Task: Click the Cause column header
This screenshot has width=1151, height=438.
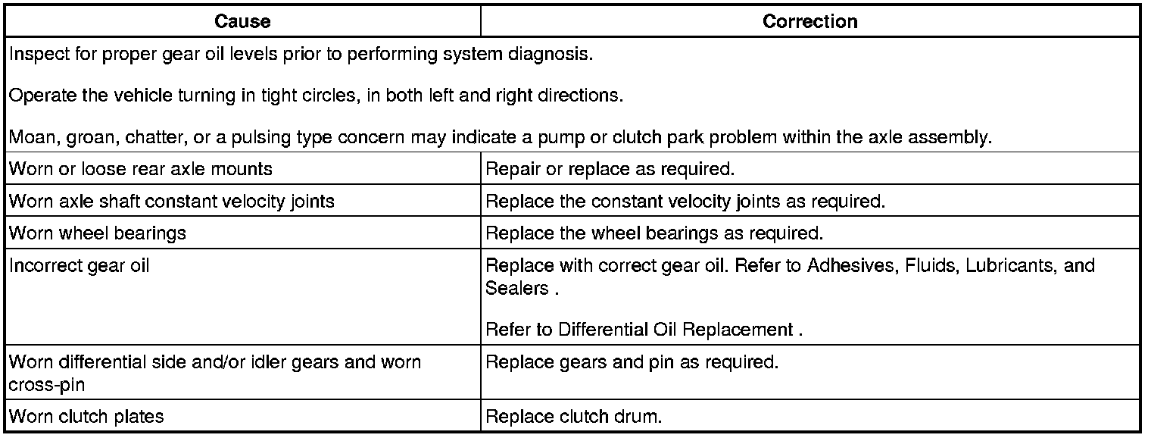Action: (242, 22)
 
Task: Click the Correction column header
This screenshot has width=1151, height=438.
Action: (809, 22)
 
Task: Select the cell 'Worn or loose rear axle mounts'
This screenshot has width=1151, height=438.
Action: (141, 168)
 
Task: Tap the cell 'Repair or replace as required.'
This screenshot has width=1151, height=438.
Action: (610, 168)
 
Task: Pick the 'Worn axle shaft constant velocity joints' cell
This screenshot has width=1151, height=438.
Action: (171, 201)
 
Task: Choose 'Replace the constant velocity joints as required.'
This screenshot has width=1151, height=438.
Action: (685, 201)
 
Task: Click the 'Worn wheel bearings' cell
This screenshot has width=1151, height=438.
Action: (98, 233)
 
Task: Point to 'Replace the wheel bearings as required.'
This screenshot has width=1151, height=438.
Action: (653, 233)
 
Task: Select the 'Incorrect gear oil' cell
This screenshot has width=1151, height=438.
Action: (80, 266)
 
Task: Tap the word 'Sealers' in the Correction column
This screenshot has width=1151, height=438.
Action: (516, 288)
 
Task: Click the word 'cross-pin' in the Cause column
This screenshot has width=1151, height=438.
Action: (46, 384)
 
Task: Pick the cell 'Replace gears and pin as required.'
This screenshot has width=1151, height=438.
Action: (632, 362)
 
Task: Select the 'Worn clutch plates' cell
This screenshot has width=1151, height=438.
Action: (86, 416)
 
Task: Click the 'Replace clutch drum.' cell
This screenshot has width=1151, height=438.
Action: (573, 416)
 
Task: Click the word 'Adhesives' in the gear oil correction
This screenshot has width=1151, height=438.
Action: (851, 266)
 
